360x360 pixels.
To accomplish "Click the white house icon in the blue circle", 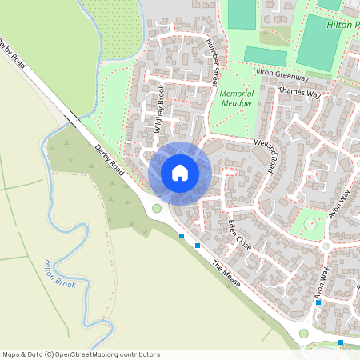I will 180,173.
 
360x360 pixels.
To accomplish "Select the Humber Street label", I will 212,62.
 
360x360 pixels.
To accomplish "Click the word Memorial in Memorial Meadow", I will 236,94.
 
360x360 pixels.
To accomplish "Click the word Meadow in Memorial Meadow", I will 236,103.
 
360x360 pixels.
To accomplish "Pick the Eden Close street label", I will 240,234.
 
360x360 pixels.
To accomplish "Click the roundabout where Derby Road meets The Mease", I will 157,209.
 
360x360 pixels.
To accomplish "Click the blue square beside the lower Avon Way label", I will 318,303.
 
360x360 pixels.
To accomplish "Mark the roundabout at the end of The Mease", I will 303,333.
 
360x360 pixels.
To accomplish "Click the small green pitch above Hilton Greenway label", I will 265,56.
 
